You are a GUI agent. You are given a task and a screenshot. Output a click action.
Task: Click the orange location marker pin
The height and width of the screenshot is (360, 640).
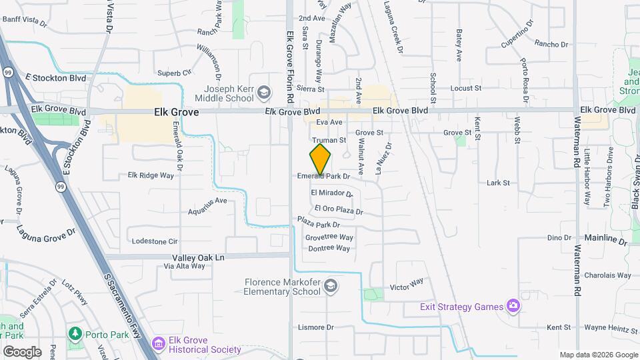[x=321, y=159]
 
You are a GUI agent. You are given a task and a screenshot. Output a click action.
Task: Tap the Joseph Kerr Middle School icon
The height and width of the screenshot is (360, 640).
[x=264, y=92]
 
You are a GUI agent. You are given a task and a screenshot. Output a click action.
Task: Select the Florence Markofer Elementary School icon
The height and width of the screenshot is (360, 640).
[x=330, y=287]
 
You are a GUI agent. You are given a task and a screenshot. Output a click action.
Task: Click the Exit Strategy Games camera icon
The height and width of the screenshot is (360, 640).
[x=513, y=307]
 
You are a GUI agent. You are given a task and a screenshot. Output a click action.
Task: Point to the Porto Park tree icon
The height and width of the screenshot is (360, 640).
[x=75, y=332]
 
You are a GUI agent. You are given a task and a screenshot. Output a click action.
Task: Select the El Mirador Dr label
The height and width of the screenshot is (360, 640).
[x=331, y=193]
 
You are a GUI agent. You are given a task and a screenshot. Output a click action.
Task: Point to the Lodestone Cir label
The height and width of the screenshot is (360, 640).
[x=155, y=241]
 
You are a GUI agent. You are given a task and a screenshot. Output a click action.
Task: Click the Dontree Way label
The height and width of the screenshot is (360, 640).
[x=327, y=249]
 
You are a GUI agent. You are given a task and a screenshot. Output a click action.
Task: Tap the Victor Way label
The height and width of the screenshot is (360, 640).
[x=407, y=285]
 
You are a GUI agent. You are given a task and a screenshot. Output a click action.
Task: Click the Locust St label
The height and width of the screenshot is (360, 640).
[x=466, y=88]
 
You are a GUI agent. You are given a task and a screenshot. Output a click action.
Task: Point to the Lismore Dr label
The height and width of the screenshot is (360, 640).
[x=316, y=327]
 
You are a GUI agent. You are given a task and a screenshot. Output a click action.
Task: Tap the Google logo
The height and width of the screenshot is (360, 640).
[x=22, y=351]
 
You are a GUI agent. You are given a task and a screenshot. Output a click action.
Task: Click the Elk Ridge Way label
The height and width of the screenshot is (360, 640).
[x=151, y=175]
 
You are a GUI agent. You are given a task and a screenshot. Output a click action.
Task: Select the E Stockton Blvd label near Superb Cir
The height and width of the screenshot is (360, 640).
[x=57, y=78]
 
